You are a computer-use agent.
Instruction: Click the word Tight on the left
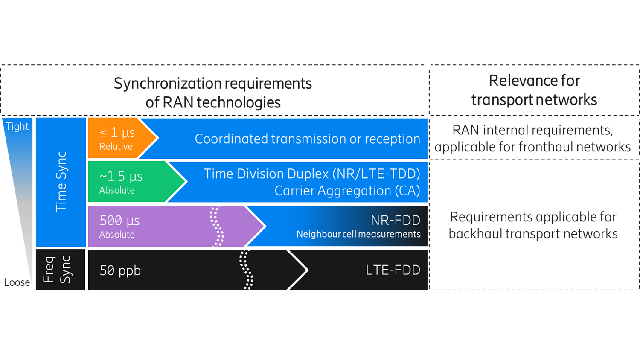[17, 127]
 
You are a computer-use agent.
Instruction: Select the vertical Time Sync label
[61, 182]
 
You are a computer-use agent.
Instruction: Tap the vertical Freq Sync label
[57, 270]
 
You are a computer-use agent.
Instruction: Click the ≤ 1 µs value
[117, 133]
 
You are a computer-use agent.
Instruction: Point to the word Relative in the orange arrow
[116, 147]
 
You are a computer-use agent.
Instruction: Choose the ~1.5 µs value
[121, 176]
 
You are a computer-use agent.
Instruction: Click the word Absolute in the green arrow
[117, 191]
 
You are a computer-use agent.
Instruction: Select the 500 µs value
[119, 221]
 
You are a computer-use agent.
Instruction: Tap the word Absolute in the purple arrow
[117, 235]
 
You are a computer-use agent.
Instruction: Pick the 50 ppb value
[120, 270]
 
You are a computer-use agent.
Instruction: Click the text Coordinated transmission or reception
[307, 139]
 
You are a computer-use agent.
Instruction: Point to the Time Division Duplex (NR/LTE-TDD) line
[311, 174]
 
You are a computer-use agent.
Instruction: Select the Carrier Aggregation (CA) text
[347, 191]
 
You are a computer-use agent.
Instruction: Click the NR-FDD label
[395, 220]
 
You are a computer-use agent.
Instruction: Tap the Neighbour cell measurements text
[358, 234]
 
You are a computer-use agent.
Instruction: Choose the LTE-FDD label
[393, 270]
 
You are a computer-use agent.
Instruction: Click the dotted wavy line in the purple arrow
[217, 226]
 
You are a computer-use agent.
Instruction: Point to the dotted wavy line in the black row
[247, 270]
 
